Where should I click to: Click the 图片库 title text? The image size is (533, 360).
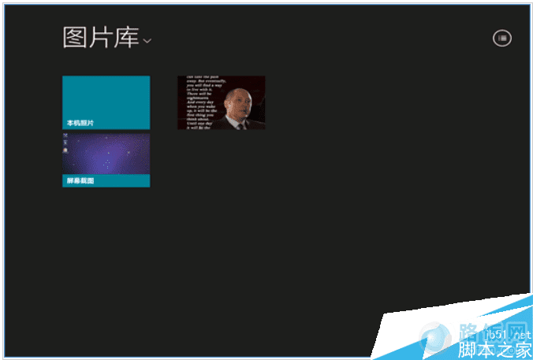pyautogui.click(x=101, y=38)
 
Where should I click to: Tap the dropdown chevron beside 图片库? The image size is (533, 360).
pyautogui.click(x=147, y=40)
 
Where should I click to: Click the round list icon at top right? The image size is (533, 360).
pyautogui.click(x=501, y=38)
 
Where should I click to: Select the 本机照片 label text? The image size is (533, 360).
pyautogui.click(x=80, y=123)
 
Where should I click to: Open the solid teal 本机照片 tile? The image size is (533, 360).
pyautogui.click(x=106, y=98)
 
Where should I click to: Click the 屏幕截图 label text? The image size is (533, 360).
pyautogui.click(x=80, y=180)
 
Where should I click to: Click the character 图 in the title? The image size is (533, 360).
pyautogui.click(x=75, y=38)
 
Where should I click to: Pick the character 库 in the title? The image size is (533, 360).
pyautogui.click(x=127, y=38)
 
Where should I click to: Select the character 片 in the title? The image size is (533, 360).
pyautogui.click(x=101, y=38)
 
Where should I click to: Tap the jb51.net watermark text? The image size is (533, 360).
pyautogui.click(x=505, y=333)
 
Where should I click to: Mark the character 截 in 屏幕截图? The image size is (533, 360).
pyautogui.click(x=84, y=180)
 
